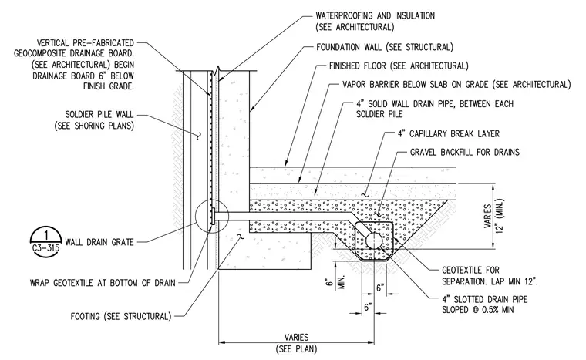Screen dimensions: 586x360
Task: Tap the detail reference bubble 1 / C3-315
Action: click(45, 241)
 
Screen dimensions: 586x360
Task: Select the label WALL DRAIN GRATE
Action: click(99, 242)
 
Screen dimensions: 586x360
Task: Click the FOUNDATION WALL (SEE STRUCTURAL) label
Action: click(385, 47)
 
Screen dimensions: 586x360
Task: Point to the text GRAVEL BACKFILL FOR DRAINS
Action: click(465, 152)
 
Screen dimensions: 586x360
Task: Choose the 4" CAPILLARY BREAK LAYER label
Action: click(449, 134)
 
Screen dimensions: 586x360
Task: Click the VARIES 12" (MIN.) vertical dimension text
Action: click(493, 216)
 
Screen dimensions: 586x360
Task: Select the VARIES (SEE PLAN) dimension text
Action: click(296, 343)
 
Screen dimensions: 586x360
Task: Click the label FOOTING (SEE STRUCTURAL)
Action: click(121, 317)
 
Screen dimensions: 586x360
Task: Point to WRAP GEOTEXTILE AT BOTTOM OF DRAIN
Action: click(103, 283)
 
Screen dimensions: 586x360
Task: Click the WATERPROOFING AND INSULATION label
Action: click(376, 22)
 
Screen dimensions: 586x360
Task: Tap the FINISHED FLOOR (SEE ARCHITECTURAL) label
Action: click(399, 66)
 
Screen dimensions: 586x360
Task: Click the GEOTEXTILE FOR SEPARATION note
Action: click(490, 275)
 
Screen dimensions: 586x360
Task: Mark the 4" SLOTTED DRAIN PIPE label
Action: click(485, 304)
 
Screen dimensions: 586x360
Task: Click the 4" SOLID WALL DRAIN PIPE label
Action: click(435, 109)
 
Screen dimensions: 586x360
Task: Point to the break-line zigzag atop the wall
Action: click(217, 69)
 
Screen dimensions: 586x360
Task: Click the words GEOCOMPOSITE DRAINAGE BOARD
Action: click(73, 53)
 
